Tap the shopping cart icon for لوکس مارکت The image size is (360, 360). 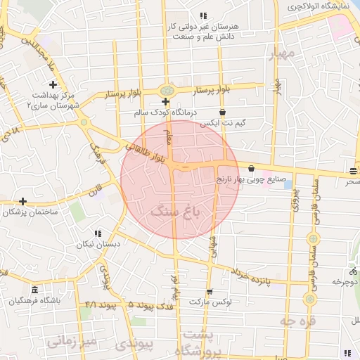point(210,292)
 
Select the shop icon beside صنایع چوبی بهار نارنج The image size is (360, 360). point(252,167)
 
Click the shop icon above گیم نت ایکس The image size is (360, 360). point(223,112)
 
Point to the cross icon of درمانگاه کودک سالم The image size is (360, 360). point(165,102)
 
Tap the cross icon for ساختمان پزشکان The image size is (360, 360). point(23,201)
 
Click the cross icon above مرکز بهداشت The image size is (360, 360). point(53,84)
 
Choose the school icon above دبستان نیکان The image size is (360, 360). point(98,233)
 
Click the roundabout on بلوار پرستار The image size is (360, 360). point(167,91)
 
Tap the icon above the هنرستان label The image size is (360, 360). point(203,15)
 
